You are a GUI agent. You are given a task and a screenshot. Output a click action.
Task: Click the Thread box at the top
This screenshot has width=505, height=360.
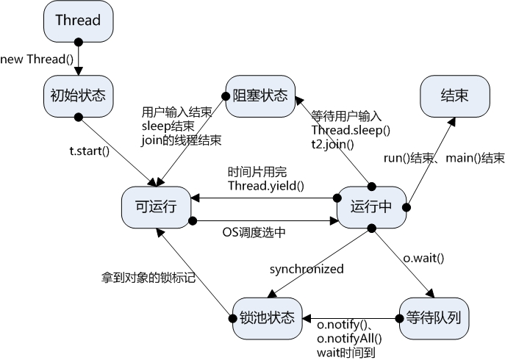click(x=78, y=20)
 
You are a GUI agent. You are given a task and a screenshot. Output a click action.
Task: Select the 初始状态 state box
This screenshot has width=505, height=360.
click(x=78, y=96)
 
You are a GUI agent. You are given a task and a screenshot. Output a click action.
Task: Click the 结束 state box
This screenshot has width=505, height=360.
click(x=454, y=96)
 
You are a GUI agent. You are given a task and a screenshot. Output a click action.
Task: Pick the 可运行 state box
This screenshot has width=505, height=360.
click(x=157, y=208)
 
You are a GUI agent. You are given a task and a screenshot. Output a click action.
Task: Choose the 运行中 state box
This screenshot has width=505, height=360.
click(x=371, y=208)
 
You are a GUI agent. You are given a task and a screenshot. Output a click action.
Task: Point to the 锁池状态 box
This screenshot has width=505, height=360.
click(x=266, y=318)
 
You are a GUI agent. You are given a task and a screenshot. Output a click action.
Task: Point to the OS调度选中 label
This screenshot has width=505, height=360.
click(x=254, y=232)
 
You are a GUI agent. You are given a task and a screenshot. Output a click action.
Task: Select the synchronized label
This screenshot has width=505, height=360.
click(x=306, y=269)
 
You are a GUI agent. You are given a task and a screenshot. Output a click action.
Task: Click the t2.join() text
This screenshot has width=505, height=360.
click(x=332, y=144)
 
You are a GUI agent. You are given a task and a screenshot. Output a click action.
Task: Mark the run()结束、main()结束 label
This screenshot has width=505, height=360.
click(x=444, y=158)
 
